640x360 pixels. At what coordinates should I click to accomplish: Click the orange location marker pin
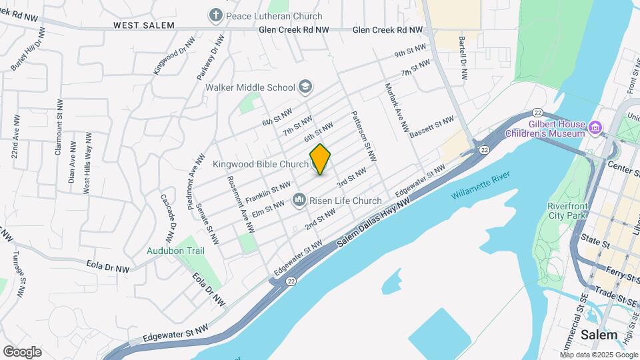point(321,159)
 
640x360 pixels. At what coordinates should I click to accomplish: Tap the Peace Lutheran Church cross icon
point(215,15)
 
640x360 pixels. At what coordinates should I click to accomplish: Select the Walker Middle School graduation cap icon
point(305,87)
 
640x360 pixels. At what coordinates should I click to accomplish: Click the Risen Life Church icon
point(299,200)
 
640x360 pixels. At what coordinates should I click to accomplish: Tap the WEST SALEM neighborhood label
point(143,25)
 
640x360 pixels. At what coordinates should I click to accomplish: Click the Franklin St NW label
point(268,192)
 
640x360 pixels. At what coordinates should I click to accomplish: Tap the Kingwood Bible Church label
point(261,164)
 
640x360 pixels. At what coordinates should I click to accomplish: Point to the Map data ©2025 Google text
point(598,355)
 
